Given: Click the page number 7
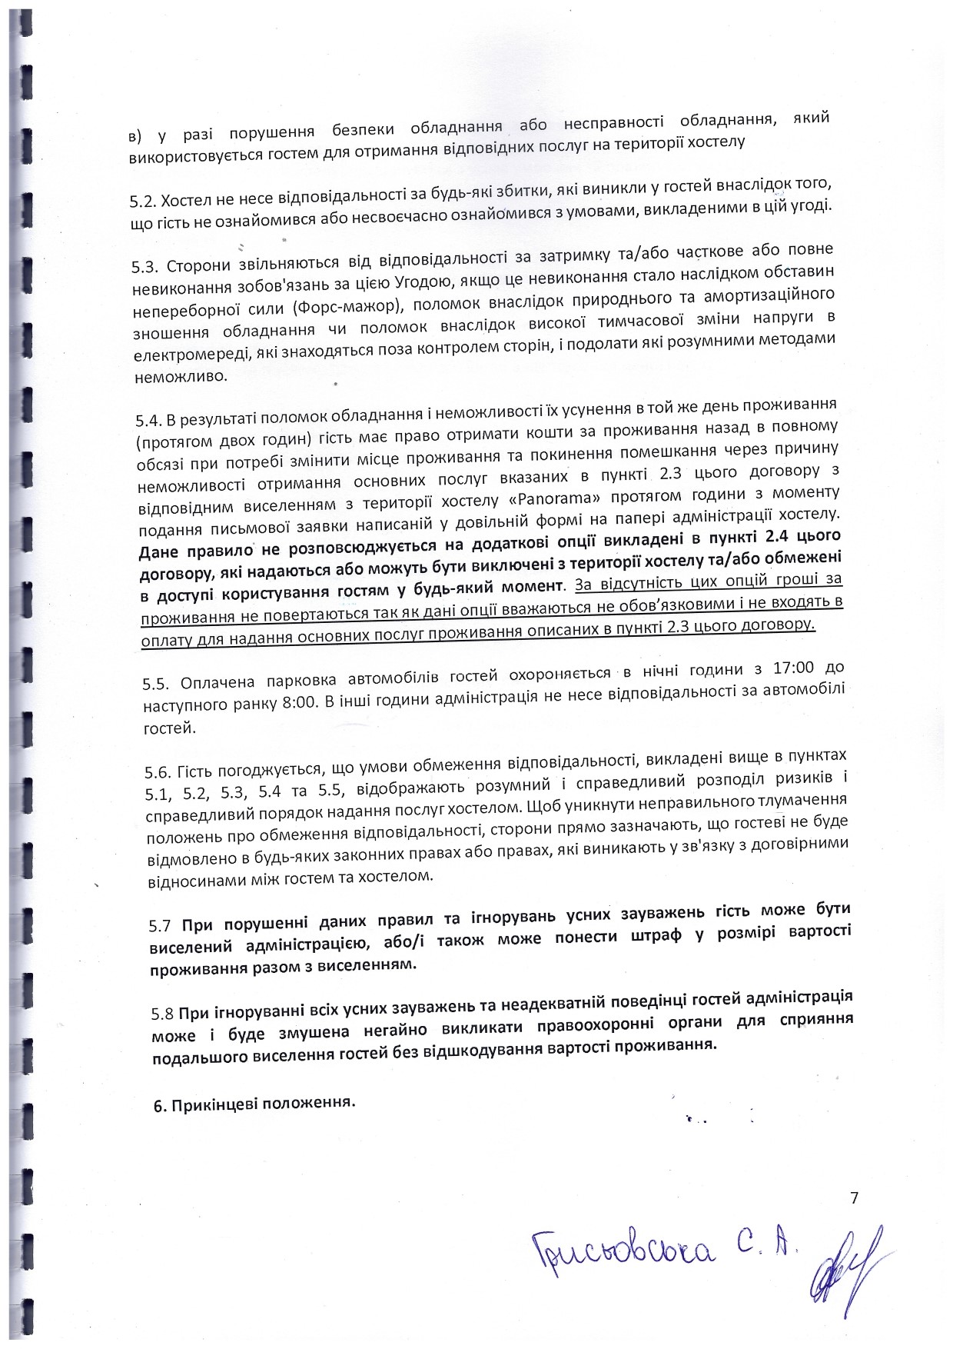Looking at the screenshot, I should (854, 1197).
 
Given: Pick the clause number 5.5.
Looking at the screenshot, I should (155, 684).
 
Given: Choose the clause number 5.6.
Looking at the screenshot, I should (158, 771).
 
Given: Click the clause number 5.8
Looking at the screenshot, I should (164, 1013).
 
